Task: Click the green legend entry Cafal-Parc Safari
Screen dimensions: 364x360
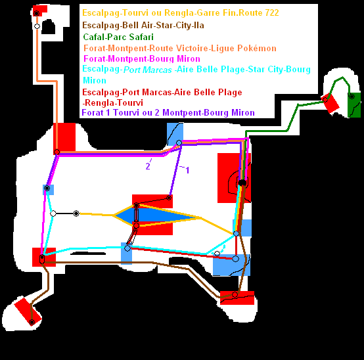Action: [x=118, y=37]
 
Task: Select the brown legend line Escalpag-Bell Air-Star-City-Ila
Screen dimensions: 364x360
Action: [x=143, y=25]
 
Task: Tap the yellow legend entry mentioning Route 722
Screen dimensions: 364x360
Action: [x=181, y=12]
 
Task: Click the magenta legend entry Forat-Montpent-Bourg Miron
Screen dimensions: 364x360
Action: [x=142, y=58]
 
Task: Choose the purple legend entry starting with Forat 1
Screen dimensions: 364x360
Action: [x=168, y=112]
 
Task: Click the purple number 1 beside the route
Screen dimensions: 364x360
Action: [x=187, y=170]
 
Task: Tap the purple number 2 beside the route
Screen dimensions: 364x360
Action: [x=148, y=166]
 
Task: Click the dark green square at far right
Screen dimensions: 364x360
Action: [x=354, y=105]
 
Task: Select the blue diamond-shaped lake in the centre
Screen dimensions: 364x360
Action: [x=156, y=215]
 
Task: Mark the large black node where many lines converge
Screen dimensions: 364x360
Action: [x=242, y=183]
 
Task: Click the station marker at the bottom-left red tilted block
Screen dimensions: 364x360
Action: [x=32, y=322]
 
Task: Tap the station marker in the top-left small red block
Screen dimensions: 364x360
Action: [x=36, y=13]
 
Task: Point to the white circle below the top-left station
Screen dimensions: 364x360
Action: [x=37, y=26]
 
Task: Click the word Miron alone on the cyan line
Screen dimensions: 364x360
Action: [x=95, y=80]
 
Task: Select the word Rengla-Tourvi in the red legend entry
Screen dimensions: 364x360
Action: [x=113, y=102]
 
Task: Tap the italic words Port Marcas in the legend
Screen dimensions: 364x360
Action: [x=148, y=70]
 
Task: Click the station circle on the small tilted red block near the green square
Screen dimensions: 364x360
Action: [x=325, y=100]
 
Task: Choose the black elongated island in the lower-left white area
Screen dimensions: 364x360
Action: [x=88, y=253]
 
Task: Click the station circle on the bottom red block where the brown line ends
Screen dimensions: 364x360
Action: [x=235, y=295]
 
